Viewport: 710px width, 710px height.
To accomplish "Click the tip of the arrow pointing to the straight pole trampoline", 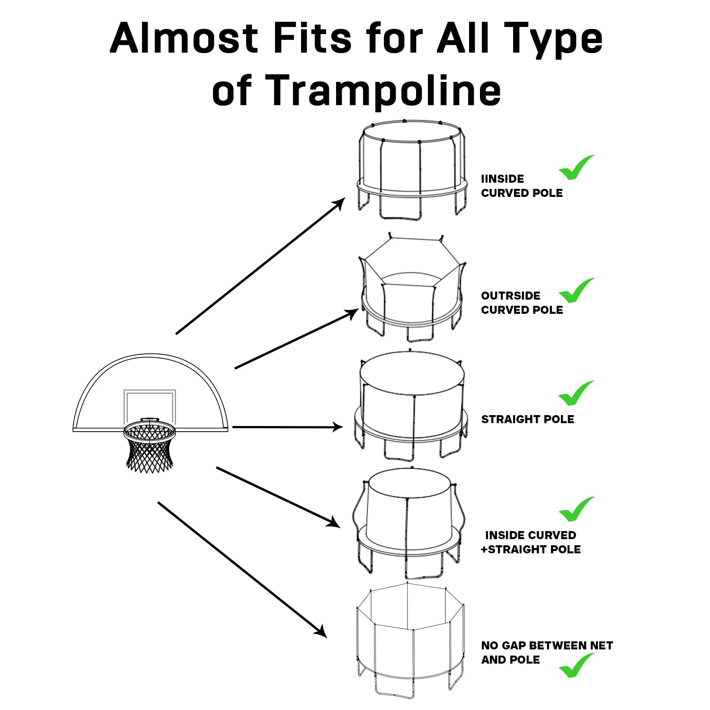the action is [x=343, y=427].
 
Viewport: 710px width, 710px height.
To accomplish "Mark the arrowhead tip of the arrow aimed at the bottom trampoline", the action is [x=327, y=638].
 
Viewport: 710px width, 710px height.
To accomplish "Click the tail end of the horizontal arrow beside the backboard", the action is [x=232, y=427].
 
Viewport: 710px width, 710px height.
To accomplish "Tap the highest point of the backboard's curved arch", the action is [x=151, y=354].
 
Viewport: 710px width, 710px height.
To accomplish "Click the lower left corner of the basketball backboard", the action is [x=72, y=431].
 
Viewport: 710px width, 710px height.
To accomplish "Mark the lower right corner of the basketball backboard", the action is [x=228, y=431].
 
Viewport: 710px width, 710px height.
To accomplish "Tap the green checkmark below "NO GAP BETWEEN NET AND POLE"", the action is [x=577, y=665].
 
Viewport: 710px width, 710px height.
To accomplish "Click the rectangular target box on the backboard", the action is [x=150, y=407].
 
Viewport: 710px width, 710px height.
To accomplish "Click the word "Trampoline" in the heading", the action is [x=384, y=90].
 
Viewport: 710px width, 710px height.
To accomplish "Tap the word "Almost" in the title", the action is [x=184, y=38].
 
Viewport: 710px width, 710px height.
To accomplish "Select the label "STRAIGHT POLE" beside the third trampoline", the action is [x=528, y=419].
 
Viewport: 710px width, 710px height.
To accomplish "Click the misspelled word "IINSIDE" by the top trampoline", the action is [x=503, y=179].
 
